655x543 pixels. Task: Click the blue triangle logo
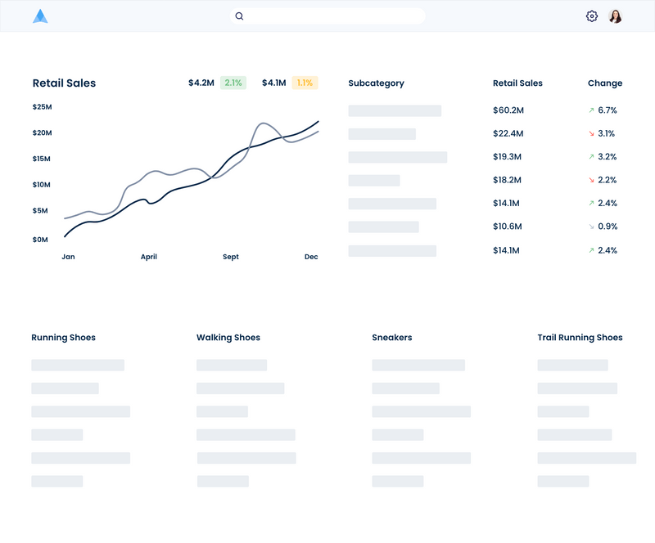point(40,16)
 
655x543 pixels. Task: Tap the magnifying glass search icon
point(239,16)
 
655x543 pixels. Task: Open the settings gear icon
point(591,16)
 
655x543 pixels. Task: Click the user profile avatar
point(616,16)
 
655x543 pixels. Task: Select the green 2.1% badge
point(233,83)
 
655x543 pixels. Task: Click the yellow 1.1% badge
point(305,83)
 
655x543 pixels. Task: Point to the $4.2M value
point(201,83)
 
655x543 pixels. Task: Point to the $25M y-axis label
point(43,107)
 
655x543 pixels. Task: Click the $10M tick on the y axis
point(42,185)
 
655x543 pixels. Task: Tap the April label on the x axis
point(149,257)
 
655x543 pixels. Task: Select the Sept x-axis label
point(231,257)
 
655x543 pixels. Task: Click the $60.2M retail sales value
point(508,110)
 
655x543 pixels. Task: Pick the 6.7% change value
point(608,110)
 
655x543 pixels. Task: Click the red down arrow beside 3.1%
point(591,133)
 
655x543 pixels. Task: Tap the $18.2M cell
point(507,180)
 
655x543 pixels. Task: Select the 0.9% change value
point(608,227)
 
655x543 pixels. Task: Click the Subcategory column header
point(377,83)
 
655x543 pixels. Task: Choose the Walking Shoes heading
point(228,337)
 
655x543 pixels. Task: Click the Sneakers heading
point(392,337)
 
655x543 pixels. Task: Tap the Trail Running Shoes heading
point(580,337)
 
